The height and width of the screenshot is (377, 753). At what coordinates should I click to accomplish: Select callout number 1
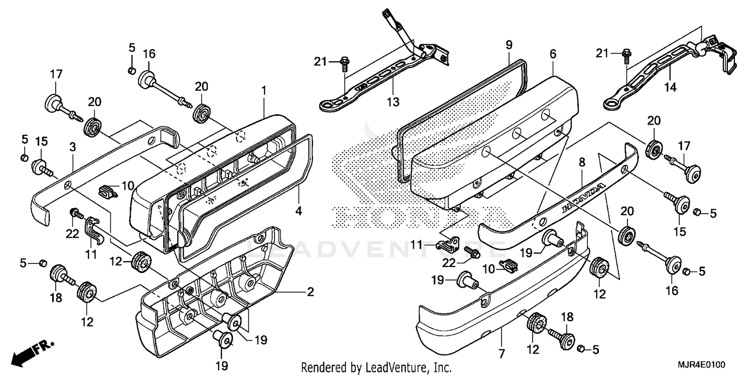(264, 91)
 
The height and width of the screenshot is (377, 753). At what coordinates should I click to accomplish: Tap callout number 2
(310, 292)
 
